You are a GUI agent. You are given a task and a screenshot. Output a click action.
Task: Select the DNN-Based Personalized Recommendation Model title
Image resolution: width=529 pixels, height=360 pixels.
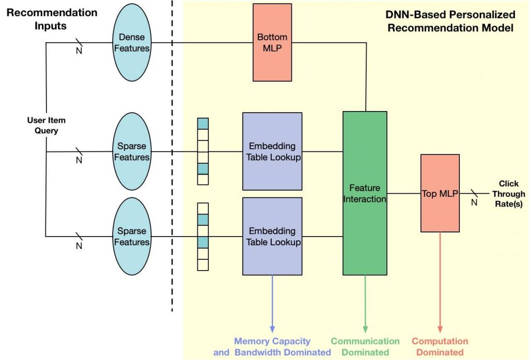450,22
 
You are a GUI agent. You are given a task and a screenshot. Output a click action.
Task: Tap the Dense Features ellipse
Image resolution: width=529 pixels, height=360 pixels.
132,42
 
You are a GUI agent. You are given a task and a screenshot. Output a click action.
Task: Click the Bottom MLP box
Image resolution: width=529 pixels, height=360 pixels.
272,42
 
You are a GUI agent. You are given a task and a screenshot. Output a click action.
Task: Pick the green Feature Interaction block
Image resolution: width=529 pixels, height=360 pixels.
365,193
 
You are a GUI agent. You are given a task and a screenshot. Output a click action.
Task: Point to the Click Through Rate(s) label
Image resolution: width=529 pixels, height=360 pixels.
508,194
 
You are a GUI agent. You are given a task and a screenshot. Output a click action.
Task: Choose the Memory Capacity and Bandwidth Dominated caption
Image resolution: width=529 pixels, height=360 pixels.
272,347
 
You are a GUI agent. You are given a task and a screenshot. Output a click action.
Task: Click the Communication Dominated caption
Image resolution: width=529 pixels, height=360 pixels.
365,347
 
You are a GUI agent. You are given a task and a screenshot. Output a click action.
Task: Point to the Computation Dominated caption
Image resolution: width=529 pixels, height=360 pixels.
440,347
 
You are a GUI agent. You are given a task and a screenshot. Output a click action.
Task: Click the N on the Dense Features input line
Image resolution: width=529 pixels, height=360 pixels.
79,51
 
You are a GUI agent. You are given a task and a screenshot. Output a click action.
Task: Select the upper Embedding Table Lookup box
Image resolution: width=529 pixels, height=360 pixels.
272,151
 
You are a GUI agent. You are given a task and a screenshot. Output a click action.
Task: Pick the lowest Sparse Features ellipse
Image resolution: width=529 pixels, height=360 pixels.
132,236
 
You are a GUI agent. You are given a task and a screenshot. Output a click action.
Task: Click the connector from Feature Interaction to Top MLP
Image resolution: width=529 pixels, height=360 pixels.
404,194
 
